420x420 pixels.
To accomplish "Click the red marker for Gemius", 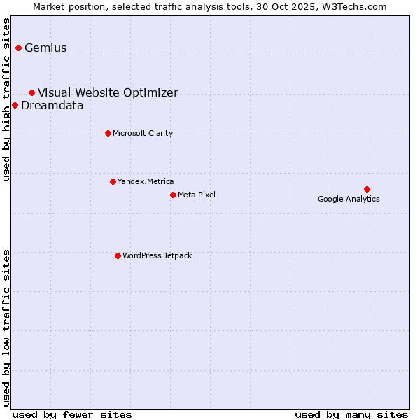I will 18,48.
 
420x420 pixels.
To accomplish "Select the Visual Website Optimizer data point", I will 31,92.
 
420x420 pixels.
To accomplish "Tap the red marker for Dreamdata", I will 15,105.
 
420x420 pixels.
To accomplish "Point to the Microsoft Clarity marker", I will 108,133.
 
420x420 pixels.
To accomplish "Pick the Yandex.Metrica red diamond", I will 113,181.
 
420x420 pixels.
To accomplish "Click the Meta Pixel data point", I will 173,195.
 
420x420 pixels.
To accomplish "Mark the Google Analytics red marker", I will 367,189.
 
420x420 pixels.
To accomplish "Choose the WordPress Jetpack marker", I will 118,255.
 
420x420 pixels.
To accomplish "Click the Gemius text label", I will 45,48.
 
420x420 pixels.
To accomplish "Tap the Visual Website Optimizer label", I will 108,93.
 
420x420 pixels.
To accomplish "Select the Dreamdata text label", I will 52,106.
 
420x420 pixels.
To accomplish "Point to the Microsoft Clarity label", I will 143,134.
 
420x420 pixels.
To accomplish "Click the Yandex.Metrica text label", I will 146,182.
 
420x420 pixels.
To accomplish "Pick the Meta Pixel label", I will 197,195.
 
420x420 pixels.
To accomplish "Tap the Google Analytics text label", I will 349,199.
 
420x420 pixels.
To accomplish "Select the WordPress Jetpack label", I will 157,256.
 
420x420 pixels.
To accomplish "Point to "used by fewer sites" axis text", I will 72,414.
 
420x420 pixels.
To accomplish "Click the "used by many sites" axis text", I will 351,414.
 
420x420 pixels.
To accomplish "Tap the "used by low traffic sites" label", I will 7,327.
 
